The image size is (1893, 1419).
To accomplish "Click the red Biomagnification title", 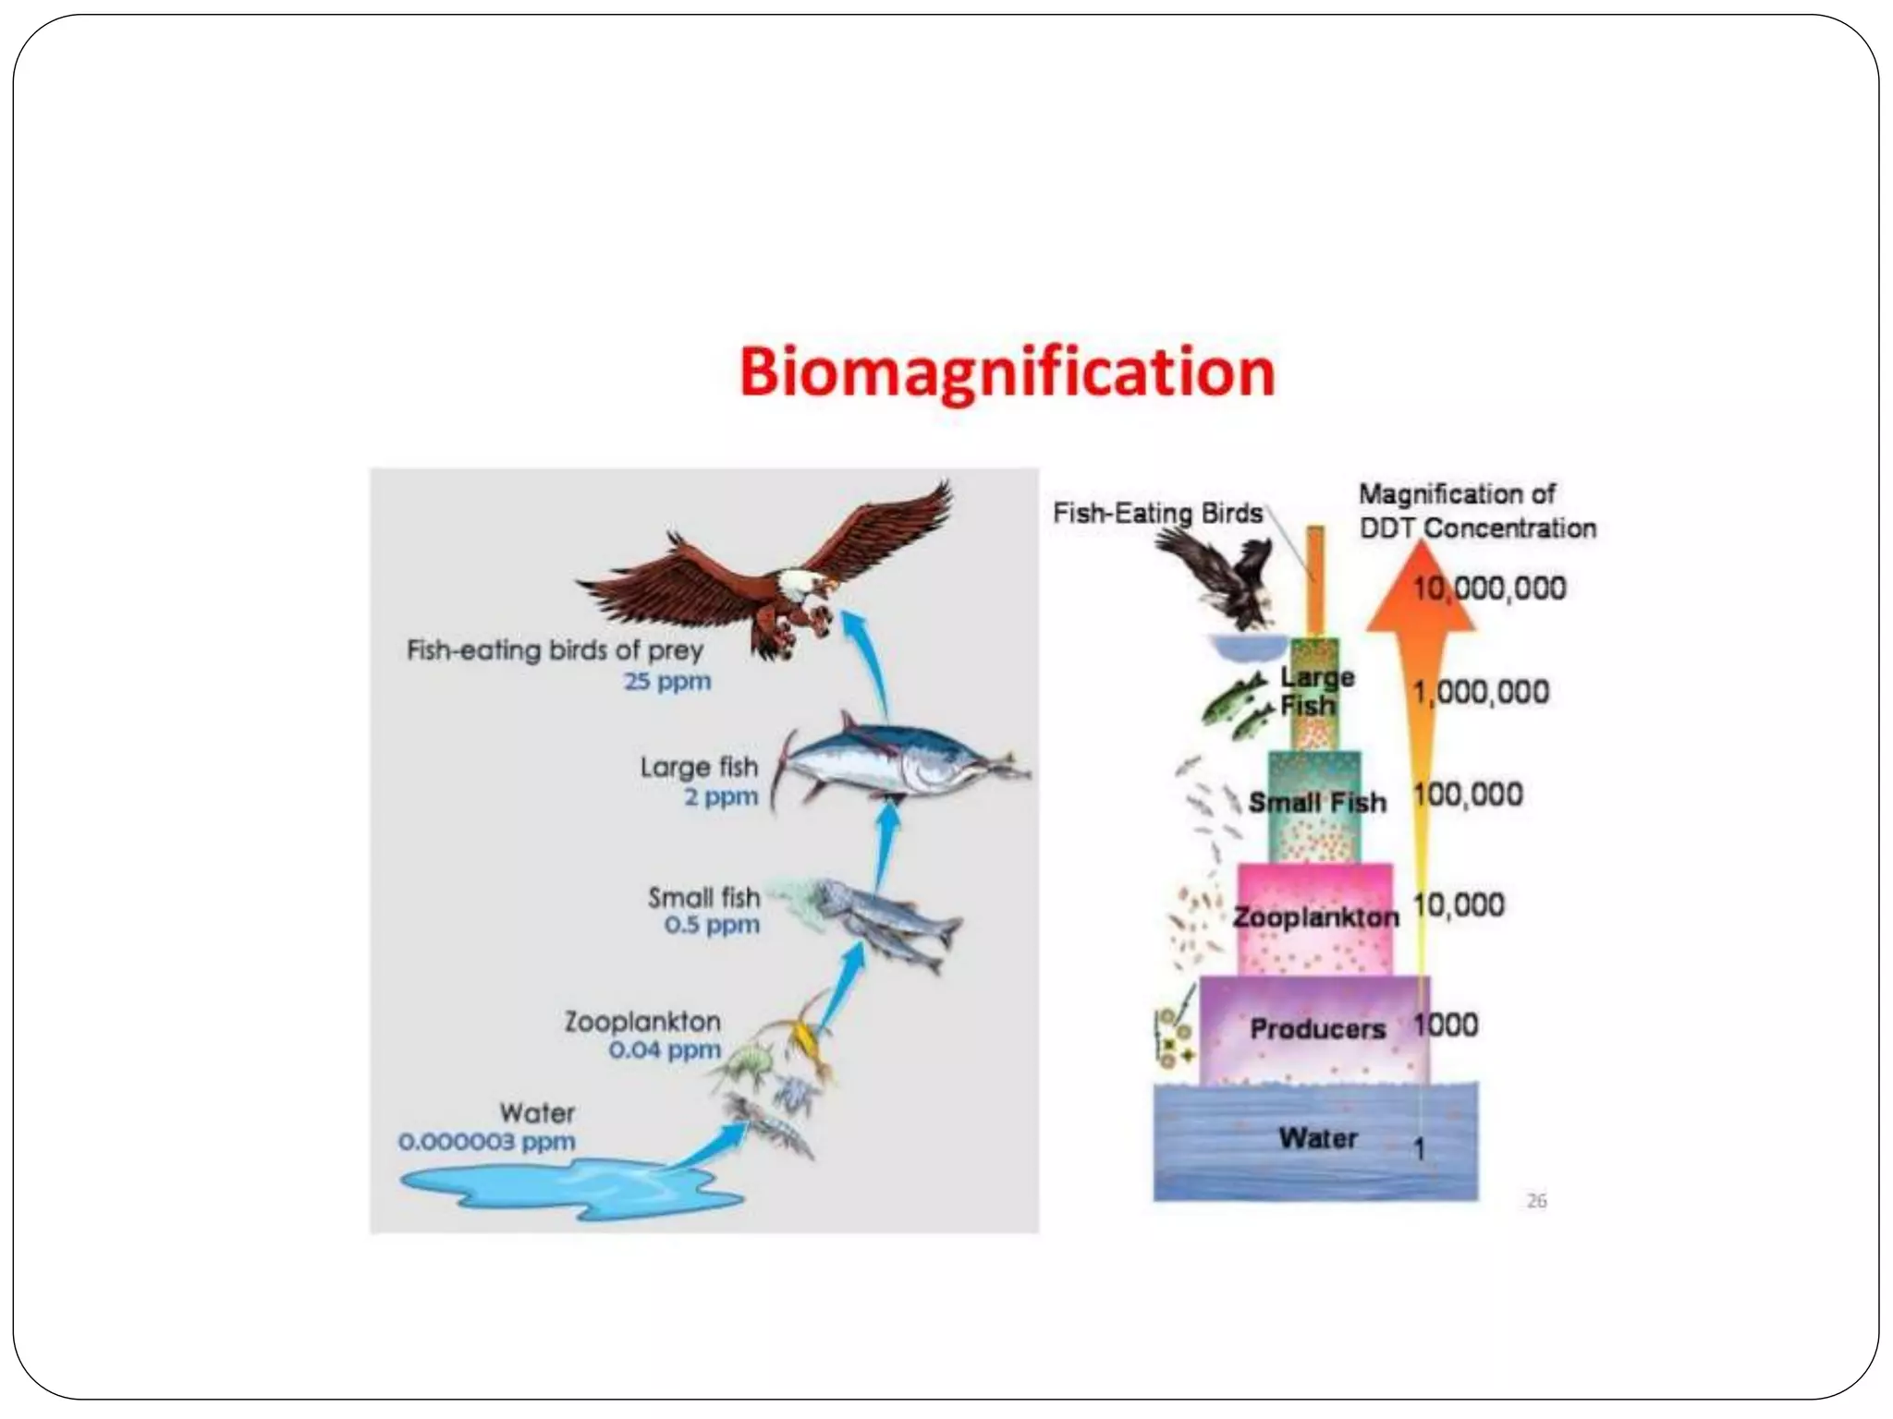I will pos(1007,373).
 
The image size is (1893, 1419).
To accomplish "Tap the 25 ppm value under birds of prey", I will pos(667,682).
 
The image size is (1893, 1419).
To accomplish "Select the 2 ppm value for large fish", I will pos(721,796).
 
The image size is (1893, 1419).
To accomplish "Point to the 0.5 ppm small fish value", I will pos(712,925).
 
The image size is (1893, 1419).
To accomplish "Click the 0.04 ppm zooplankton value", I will pos(665,1050).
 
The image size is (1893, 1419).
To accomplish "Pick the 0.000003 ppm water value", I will pos(487,1142).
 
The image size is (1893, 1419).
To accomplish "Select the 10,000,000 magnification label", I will pos(1489,588).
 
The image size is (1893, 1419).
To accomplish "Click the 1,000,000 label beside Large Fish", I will pos(1481,692).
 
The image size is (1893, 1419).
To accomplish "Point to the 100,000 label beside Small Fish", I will pos(1468,794).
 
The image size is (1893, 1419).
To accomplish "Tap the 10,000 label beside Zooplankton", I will pos(1459,905).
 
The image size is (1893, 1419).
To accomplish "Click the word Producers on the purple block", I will pos(1317,1029).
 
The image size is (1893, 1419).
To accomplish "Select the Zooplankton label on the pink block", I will pos(1316,917).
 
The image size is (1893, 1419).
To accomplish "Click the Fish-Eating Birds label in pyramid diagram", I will pos(1157,514).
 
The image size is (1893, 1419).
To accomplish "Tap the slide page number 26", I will pos(1536,1201).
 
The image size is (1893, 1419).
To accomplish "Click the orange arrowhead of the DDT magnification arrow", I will pos(1421,591).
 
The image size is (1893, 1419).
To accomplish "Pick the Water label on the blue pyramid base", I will pos(1318,1138).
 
